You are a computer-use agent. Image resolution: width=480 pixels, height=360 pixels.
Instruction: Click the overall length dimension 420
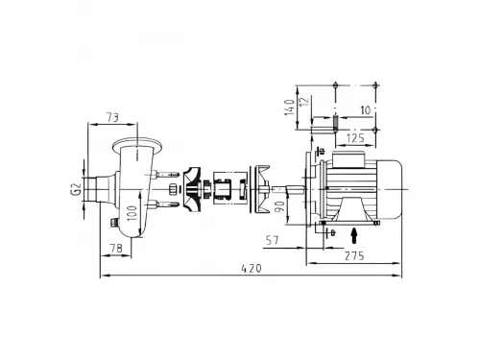(x=252, y=268)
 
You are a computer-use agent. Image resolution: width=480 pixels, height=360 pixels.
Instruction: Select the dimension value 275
(x=354, y=255)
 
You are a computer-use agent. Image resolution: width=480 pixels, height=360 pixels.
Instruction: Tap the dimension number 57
(x=273, y=240)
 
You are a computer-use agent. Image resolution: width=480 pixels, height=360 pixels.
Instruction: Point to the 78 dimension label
(x=116, y=248)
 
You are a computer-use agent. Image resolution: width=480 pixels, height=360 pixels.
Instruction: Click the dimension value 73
(x=112, y=117)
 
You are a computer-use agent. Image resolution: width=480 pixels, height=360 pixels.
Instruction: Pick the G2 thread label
(x=75, y=189)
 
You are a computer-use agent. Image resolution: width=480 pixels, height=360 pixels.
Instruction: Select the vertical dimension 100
(x=132, y=213)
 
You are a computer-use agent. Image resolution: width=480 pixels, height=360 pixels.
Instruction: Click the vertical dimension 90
(x=280, y=207)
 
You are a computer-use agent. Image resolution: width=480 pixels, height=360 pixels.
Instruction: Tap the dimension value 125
(x=355, y=138)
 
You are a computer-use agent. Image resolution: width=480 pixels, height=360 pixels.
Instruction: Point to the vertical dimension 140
(x=290, y=108)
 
